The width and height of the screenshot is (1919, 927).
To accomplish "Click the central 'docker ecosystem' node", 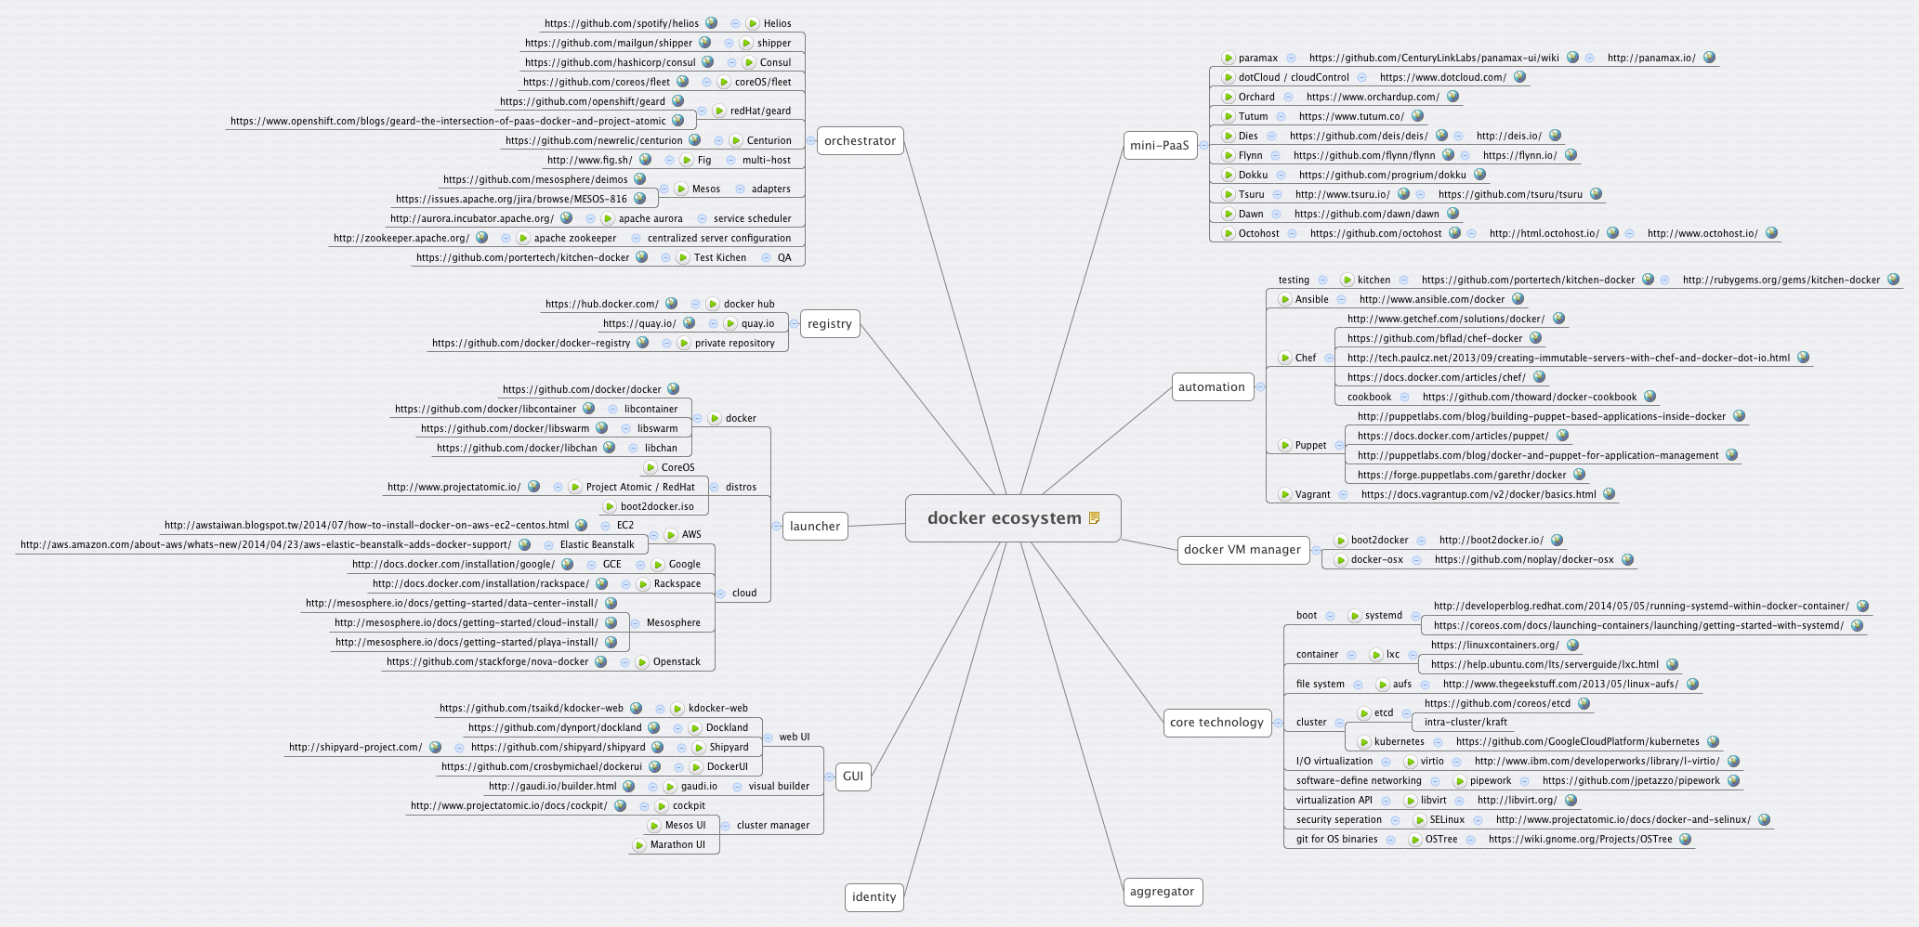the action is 1004,518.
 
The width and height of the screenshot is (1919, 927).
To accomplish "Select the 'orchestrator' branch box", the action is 860,141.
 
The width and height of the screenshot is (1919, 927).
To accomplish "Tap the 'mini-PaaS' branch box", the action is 1159,145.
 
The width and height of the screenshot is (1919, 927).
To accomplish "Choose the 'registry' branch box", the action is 829,324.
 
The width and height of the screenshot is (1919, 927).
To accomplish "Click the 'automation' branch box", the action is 1211,387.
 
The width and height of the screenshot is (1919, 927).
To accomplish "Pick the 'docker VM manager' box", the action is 1242,550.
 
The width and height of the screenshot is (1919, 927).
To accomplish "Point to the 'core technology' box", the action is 1216,723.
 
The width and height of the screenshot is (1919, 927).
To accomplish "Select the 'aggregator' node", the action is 1162,892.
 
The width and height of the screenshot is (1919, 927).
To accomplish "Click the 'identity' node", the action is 874,897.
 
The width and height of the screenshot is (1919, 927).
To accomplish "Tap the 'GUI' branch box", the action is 853,777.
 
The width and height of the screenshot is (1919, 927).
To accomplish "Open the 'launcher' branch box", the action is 814,527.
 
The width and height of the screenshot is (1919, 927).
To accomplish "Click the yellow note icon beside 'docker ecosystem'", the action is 1095,518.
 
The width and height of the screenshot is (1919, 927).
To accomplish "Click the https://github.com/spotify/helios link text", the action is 621,24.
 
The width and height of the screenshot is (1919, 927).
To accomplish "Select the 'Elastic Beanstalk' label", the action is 597,545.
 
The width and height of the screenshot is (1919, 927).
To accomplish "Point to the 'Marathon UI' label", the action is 677,845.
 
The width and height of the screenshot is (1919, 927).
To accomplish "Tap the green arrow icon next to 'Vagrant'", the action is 1284,495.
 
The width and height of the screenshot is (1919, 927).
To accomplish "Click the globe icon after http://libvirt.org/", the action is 1571,800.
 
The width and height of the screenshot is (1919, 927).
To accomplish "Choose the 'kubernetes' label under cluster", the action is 1399,742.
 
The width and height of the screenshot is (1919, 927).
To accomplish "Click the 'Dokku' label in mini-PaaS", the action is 1253,175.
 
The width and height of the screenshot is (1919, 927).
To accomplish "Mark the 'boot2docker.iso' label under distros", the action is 657,507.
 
